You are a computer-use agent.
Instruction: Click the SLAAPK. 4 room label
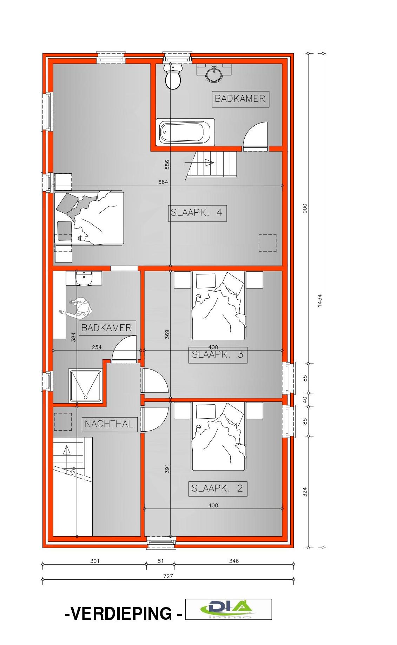pos(197,213)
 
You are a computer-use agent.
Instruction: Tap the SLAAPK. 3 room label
pos(218,355)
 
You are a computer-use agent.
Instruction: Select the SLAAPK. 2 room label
pos(218,488)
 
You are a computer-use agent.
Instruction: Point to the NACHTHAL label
pos(109,424)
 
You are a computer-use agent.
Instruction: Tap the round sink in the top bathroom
pos(214,74)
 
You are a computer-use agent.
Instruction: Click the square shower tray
pos(86,386)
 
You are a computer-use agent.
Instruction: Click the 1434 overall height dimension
pos(319,300)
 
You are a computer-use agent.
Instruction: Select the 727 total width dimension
pos(168,576)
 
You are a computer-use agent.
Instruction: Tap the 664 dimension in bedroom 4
pos(163,182)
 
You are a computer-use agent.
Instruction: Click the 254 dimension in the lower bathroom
pos(97,347)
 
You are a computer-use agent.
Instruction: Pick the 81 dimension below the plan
pos(160,561)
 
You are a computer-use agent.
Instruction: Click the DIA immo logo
pos(229,609)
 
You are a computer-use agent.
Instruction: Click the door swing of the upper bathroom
pos(255,137)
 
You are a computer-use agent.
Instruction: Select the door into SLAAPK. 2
pos(154,419)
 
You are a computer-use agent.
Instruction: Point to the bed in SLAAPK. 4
pos(89,218)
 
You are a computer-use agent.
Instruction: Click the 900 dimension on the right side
pos(305,209)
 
